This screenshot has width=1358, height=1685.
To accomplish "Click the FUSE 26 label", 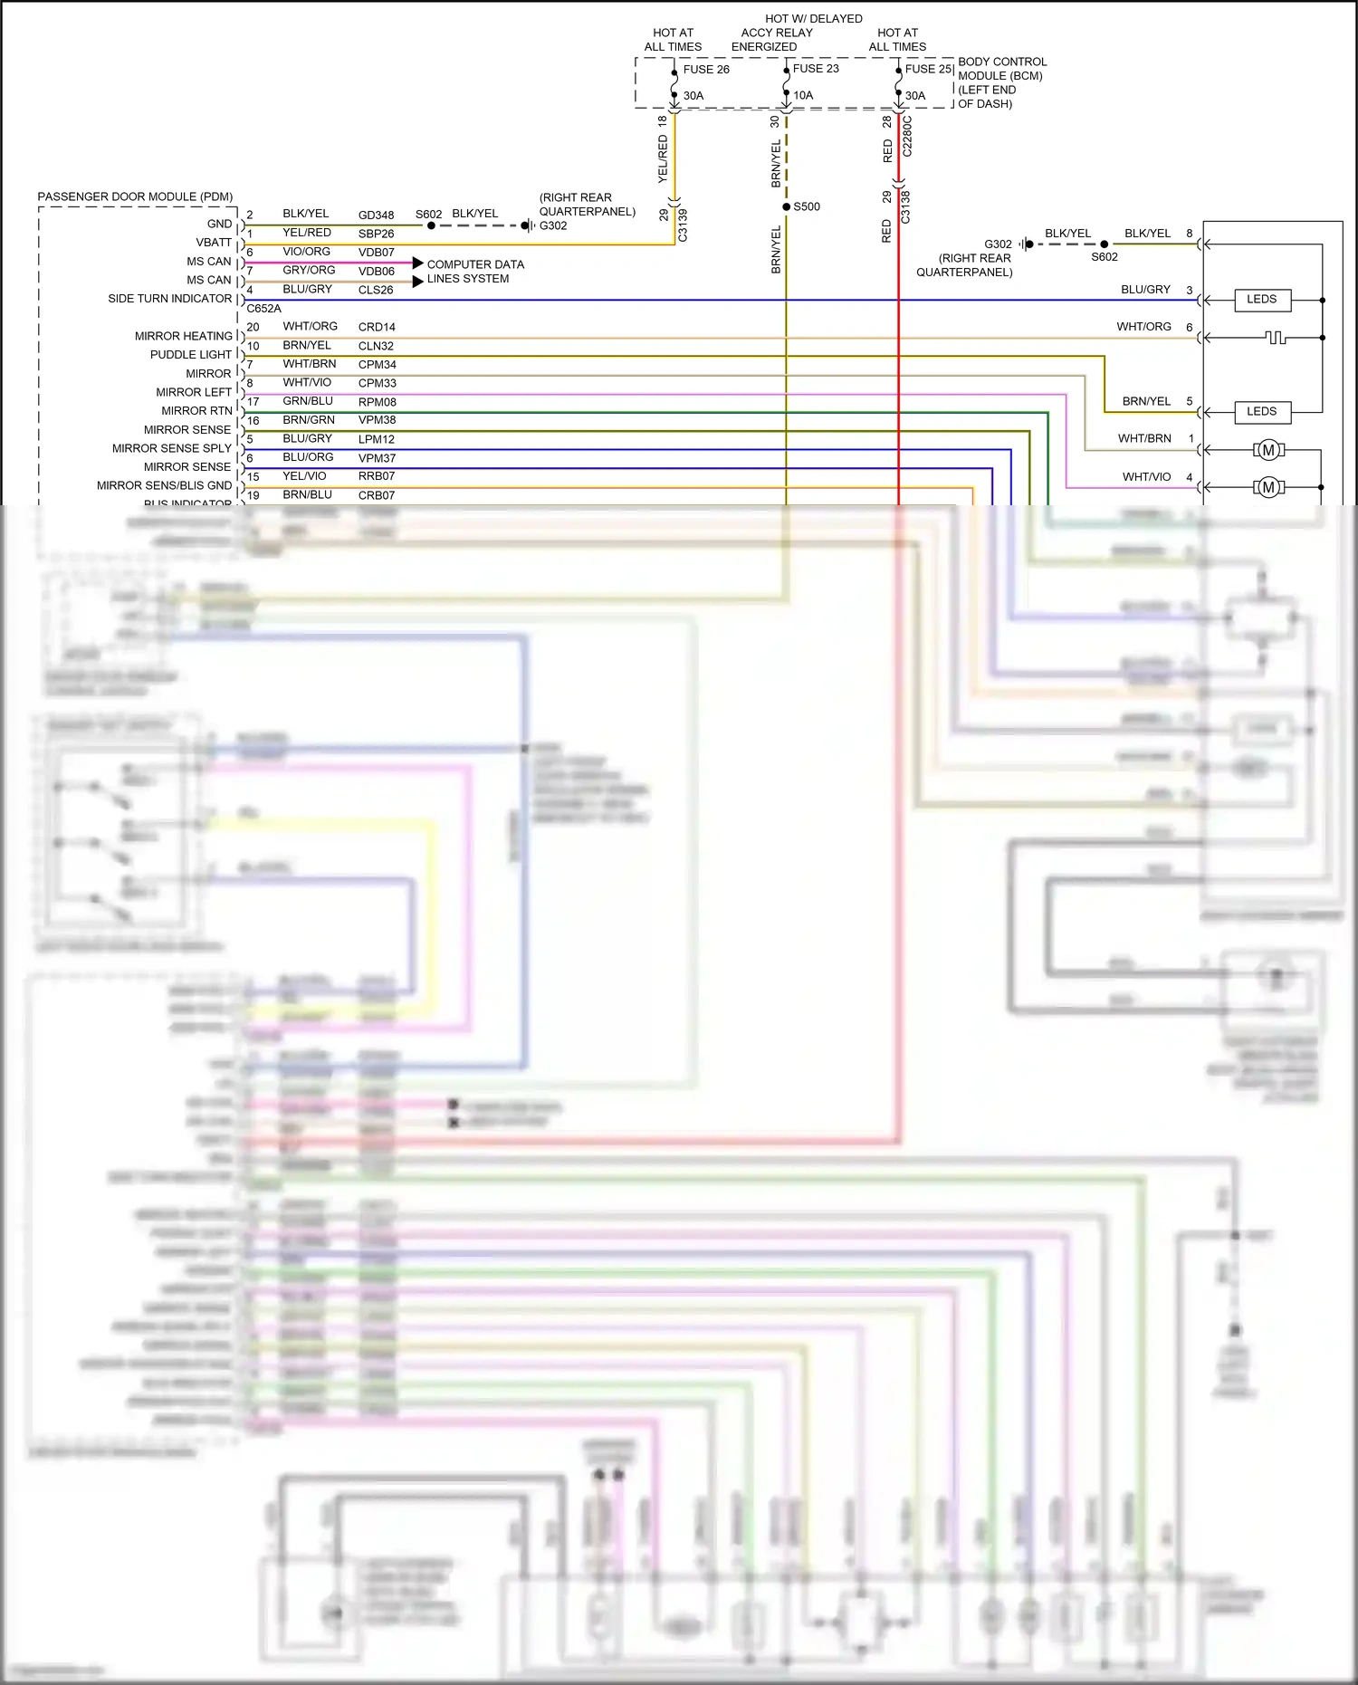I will click(705, 70).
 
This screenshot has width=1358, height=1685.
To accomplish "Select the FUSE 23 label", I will click(815, 69).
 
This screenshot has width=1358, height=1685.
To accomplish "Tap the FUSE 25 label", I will click(927, 69).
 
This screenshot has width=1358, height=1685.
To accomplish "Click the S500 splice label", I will click(806, 206).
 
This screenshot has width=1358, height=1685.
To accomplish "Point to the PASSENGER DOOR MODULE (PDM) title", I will click(135, 196).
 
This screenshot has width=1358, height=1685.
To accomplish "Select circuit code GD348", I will click(376, 215).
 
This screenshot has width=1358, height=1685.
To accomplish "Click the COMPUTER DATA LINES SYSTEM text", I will click(474, 272).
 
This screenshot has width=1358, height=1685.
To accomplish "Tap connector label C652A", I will click(263, 308).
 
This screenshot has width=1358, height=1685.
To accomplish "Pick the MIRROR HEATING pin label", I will click(183, 336).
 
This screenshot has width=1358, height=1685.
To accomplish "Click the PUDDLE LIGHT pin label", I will click(190, 355).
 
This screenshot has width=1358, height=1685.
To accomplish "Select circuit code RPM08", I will click(377, 402).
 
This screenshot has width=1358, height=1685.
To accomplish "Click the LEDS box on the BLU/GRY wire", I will click(1261, 300).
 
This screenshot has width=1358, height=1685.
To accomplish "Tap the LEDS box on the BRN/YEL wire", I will click(1261, 412).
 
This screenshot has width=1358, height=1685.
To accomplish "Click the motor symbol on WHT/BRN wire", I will click(1268, 450).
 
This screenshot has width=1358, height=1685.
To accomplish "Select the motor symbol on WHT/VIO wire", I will click(1268, 488).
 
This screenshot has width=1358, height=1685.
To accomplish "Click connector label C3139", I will click(683, 225).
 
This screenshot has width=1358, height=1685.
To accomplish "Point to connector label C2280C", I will click(907, 137).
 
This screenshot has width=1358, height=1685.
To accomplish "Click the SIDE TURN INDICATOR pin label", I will click(169, 299).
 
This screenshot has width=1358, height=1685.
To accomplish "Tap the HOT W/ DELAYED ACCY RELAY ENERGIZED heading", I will click(797, 33).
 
